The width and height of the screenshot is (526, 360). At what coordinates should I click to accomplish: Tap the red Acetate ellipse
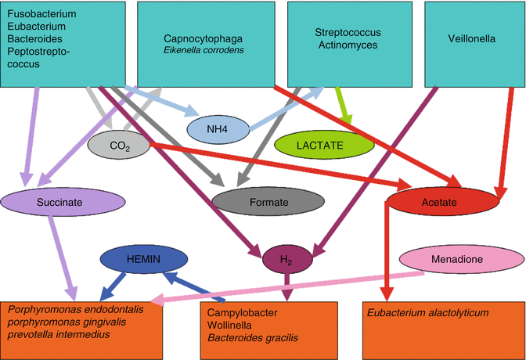pyautogui.click(x=444, y=203)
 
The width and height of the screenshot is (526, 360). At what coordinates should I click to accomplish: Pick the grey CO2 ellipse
pyautogui.click(x=118, y=145)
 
